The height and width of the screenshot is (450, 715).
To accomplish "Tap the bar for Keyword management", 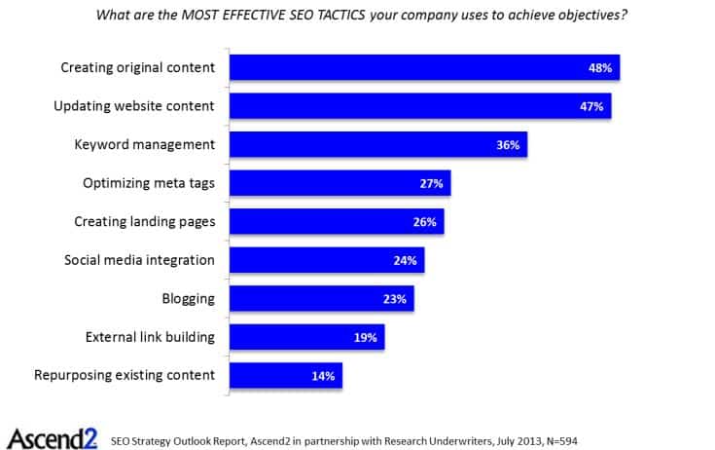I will point(377,144).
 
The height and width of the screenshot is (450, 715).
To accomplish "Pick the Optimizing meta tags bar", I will point(340,183).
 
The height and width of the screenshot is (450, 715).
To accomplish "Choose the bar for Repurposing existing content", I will point(285,375).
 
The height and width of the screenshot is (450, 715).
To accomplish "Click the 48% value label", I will point(600,68).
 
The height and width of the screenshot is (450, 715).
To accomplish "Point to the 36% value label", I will point(508,145).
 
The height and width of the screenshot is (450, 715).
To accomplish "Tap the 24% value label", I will point(405,261).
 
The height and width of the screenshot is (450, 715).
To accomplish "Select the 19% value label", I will point(365,337).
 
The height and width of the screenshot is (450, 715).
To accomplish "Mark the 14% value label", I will point(323,376).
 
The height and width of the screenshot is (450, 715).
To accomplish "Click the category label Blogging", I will point(189,298).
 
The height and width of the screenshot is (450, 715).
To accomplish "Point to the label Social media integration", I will point(139,260).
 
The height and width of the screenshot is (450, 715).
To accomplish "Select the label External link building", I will point(150,337).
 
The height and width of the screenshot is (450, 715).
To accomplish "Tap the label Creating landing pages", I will point(145,221).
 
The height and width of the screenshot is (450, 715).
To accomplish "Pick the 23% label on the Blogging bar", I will point(394,299).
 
